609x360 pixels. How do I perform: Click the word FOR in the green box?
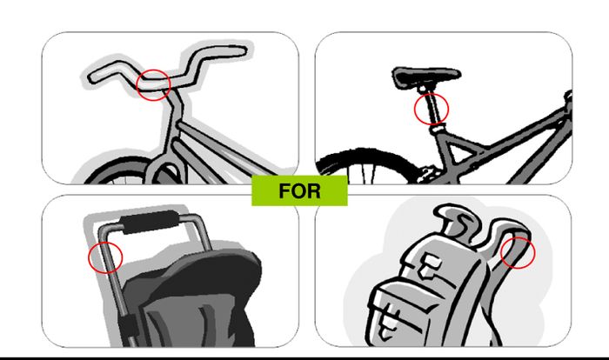(299, 191)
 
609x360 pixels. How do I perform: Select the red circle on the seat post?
(432, 95)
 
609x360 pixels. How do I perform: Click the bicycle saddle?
(426, 76)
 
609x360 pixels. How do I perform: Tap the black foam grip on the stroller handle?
(150, 222)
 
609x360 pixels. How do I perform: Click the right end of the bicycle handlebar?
(244, 51)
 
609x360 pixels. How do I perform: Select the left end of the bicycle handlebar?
(90, 77)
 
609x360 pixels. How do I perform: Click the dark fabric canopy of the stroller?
(194, 295)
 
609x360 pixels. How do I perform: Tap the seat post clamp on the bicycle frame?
(437, 128)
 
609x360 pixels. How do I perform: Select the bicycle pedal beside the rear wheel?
(427, 175)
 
